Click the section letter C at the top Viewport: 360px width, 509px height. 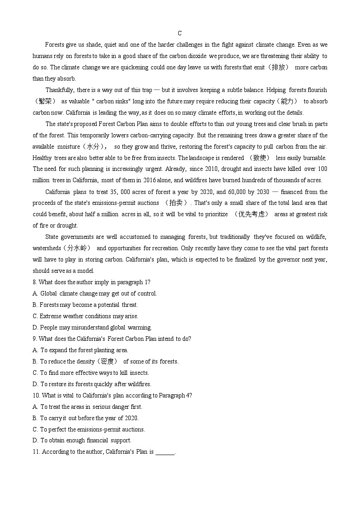pos(180,33)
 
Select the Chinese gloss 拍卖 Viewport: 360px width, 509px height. pos(175,203)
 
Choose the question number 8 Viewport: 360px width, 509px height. pos(34,282)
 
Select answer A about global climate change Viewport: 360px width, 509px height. pos(95,293)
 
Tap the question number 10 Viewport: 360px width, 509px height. pos(36,395)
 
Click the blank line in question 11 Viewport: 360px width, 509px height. pos(165,452)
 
